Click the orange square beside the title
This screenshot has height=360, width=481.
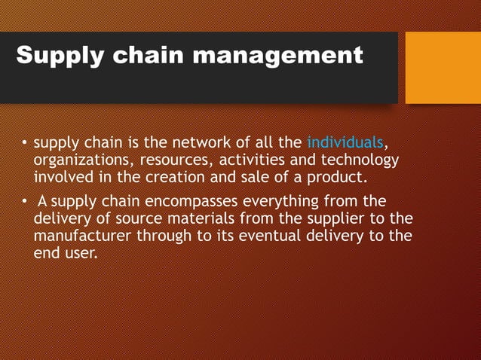(x=443, y=67)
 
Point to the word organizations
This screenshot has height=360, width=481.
(x=79, y=160)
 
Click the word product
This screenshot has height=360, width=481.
(x=338, y=177)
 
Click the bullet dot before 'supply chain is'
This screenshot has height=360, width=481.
(x=24, y=142)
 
